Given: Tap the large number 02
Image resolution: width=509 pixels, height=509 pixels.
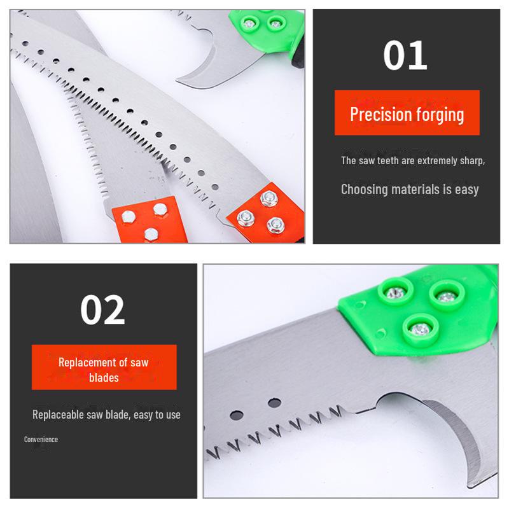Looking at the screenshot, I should [x=102, y=310].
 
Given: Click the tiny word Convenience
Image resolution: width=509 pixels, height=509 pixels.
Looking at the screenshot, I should [x=41, y=440].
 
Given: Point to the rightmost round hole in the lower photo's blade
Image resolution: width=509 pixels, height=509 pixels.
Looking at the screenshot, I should [x=274, y=402].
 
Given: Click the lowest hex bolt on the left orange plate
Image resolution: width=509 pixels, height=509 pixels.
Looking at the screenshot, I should [x=151, y=232].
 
